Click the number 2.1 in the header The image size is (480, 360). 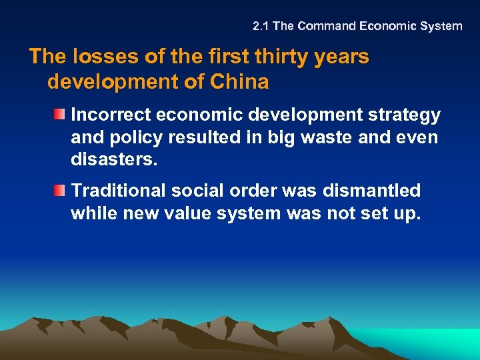(x=261, y=27)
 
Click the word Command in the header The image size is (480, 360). (x=326, y=27)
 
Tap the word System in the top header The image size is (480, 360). (x=440, y=27)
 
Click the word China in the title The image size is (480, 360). (x=239, y=83)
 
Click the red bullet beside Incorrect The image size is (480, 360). (x=61, y=115)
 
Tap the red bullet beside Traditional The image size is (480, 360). (x=61, y=191)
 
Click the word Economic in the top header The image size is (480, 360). (x=385, y=27)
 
